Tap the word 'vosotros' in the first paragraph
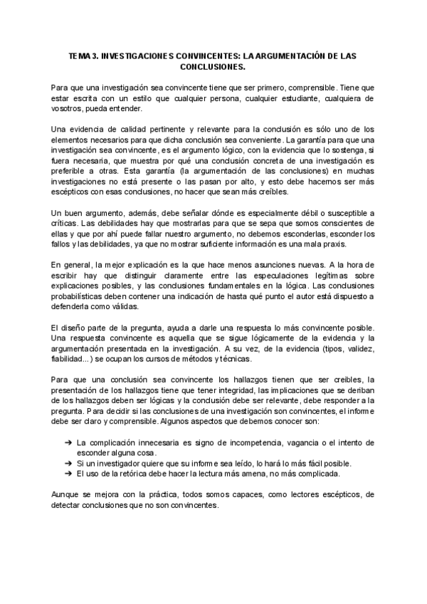(x=68, y=108)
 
